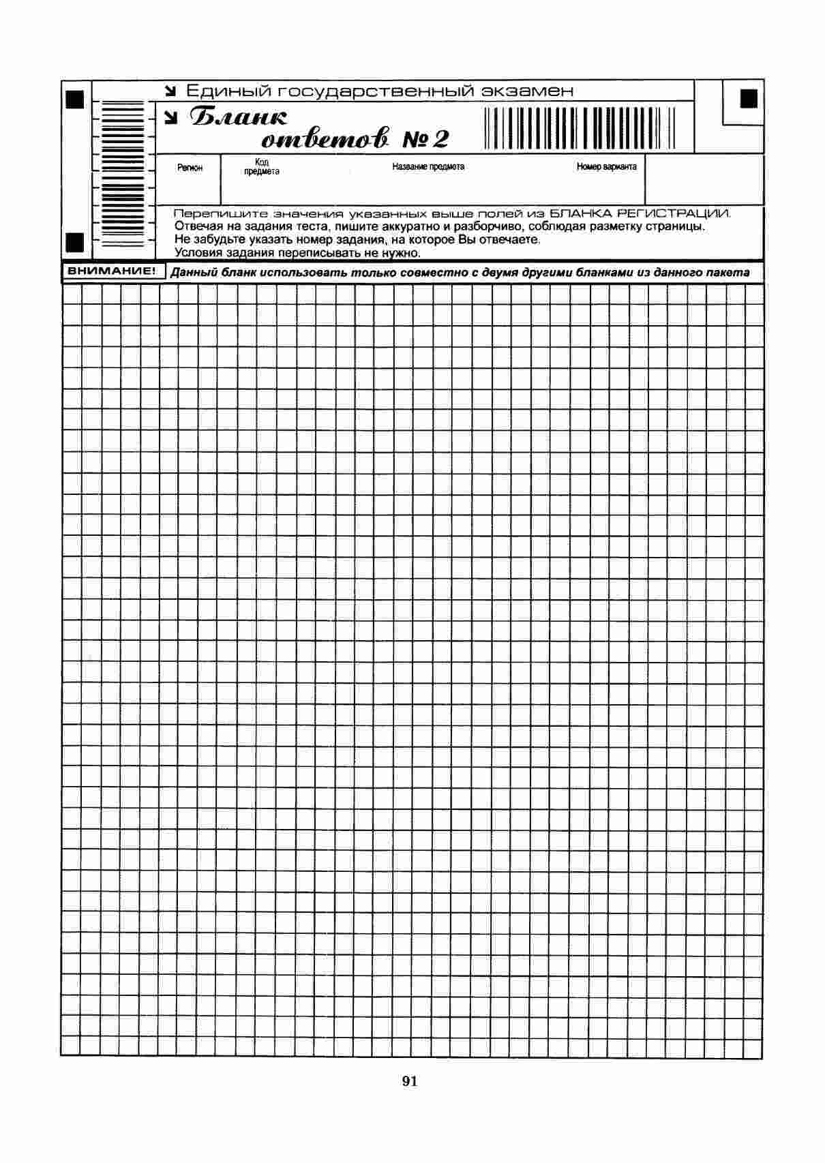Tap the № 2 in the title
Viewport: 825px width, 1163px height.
coord(427,140)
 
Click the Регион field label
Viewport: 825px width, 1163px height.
coord(190,168)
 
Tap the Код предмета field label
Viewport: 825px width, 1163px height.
coord(262,167)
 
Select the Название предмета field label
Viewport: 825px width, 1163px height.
coord(428,166)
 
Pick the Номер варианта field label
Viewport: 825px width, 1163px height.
coord(606,166)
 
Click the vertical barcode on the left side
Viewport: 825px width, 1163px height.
coord(123,174)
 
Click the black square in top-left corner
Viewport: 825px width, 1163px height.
coord(74,99)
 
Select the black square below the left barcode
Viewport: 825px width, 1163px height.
coord(74,241)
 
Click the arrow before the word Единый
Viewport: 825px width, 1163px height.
coord(171,91)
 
